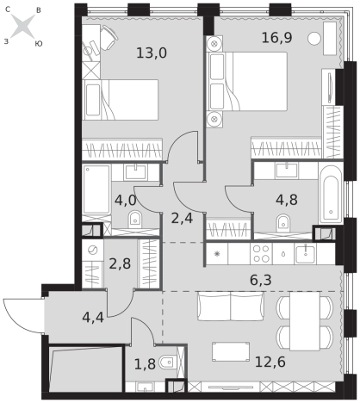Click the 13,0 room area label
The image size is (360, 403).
click(152, 53)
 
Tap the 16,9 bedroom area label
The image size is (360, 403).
click(276, 38)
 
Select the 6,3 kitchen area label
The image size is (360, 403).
click(261, 280)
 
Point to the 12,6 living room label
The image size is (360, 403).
click(270, 362)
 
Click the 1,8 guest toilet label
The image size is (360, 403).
click(145, 364)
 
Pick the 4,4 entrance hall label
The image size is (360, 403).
click(93, 318)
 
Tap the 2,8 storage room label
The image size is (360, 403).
click(120, 263)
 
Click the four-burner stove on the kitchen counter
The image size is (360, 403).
click(261, 254)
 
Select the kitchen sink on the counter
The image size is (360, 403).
click(306, 254)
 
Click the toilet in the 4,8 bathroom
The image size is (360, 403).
click(282, 223)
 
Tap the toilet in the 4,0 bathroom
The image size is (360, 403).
click(134, 219)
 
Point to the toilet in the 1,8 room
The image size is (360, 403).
click(167, 363)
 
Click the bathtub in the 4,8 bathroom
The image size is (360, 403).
click(331, 194)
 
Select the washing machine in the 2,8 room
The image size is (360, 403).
click(93, 251)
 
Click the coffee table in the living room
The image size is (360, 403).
click(231, 351)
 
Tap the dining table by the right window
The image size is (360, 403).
click(305, 321)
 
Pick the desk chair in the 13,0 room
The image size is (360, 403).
click(109, 37)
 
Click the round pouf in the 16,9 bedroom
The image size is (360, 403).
click(314, 39)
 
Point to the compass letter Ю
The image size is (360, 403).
click(39, 44)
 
